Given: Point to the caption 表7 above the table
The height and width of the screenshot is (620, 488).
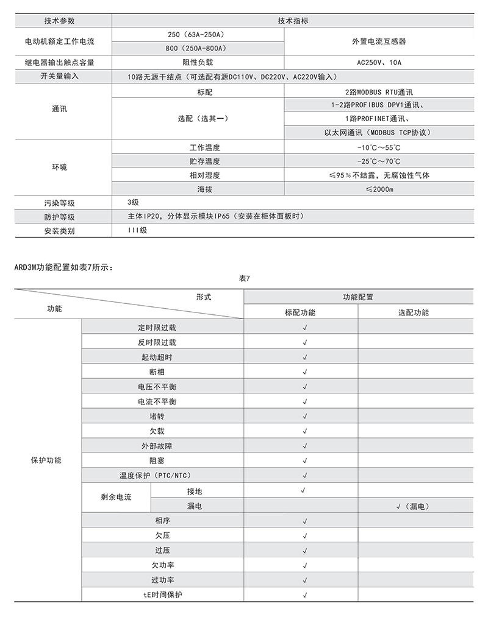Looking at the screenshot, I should pos(244,278).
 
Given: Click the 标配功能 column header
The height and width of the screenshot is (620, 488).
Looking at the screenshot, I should pos(300,312).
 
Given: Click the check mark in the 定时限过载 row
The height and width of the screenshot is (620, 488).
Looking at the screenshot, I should pos(304,328).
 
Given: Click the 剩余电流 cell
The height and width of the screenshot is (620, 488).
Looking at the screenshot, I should pos(116,497).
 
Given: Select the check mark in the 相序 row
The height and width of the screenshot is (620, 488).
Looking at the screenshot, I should pos(304,521).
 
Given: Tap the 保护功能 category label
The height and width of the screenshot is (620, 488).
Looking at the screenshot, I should pos(46,460).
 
